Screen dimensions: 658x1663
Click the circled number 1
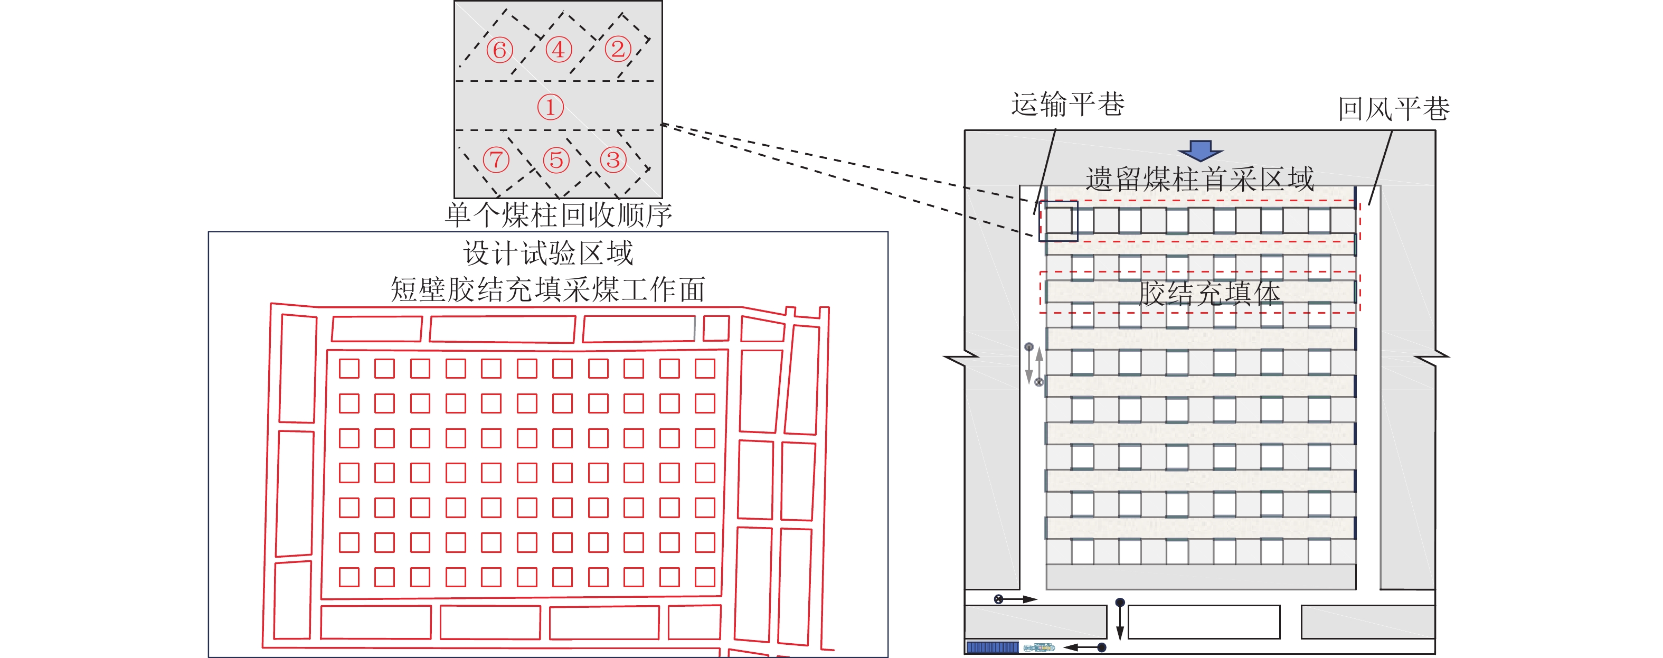(x=550, y=107)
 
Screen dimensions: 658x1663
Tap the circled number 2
(x=618, y=49)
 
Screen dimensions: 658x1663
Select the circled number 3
(x=613, y=159)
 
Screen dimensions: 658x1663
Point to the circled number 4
(x=559, y=49)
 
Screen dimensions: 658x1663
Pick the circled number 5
(x=556, y=159)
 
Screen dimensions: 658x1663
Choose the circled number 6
(x=499, y=50)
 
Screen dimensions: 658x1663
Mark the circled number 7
(x=496, y=159)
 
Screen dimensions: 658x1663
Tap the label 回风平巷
(x=1393, y=108)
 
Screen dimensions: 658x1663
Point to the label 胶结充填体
(x=1208, y=293)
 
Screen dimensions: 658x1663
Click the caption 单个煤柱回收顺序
(x=559, y=215)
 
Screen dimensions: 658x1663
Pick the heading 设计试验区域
(x=548, y=253)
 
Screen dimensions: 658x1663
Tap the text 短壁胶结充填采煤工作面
(x=547, y=289)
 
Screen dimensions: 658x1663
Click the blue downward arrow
(x=1200, y=151)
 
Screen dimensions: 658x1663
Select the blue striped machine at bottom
(x=992, y=647)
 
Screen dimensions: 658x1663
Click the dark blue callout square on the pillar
(x=1058, y=221)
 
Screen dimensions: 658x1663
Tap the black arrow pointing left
(x=1084, y=647)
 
